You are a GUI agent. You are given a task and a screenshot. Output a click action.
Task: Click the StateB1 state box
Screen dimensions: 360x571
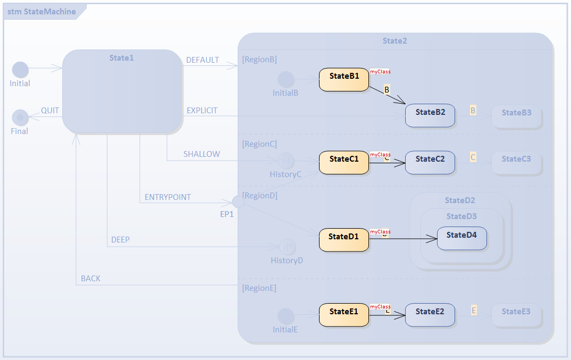(344, 79)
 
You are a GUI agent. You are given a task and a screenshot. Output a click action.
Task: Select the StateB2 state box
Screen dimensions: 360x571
(430, 115)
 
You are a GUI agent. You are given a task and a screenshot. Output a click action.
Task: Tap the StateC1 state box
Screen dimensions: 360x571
(344, 162)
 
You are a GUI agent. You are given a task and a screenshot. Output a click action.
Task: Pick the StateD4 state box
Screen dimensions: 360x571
(461, 238)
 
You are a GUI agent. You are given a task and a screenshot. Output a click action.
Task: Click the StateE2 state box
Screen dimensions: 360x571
(430, 315)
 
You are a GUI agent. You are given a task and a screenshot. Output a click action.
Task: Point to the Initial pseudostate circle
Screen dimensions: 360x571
(20, 70)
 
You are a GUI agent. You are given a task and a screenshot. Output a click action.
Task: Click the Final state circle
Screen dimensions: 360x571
(20, 117)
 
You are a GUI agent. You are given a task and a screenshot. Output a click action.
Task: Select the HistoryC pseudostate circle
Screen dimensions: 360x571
(286, 161)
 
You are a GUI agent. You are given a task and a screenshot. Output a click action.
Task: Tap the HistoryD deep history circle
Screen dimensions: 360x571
(287, 247)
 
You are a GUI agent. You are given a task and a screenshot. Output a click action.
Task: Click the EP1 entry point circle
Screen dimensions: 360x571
(239, 202)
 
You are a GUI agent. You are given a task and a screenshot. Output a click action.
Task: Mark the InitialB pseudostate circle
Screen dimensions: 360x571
(286, 80)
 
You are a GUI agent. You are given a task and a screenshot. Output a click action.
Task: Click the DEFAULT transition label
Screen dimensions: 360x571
(203, 60)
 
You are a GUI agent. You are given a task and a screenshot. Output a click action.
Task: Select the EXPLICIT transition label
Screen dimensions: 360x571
(202, 111)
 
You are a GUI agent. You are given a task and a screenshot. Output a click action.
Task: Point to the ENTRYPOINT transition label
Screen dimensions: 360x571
(167, 197)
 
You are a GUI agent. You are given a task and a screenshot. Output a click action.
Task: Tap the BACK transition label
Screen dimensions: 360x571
(90, 279)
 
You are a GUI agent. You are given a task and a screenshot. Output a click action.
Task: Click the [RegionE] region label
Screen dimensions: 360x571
(259, 288)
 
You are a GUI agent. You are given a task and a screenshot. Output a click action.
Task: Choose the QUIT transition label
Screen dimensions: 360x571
(50, 111)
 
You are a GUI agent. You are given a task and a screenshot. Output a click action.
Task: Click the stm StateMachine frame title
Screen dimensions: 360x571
(41, 11)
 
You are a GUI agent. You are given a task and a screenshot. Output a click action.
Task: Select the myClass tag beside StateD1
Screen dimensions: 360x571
(380, 232)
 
